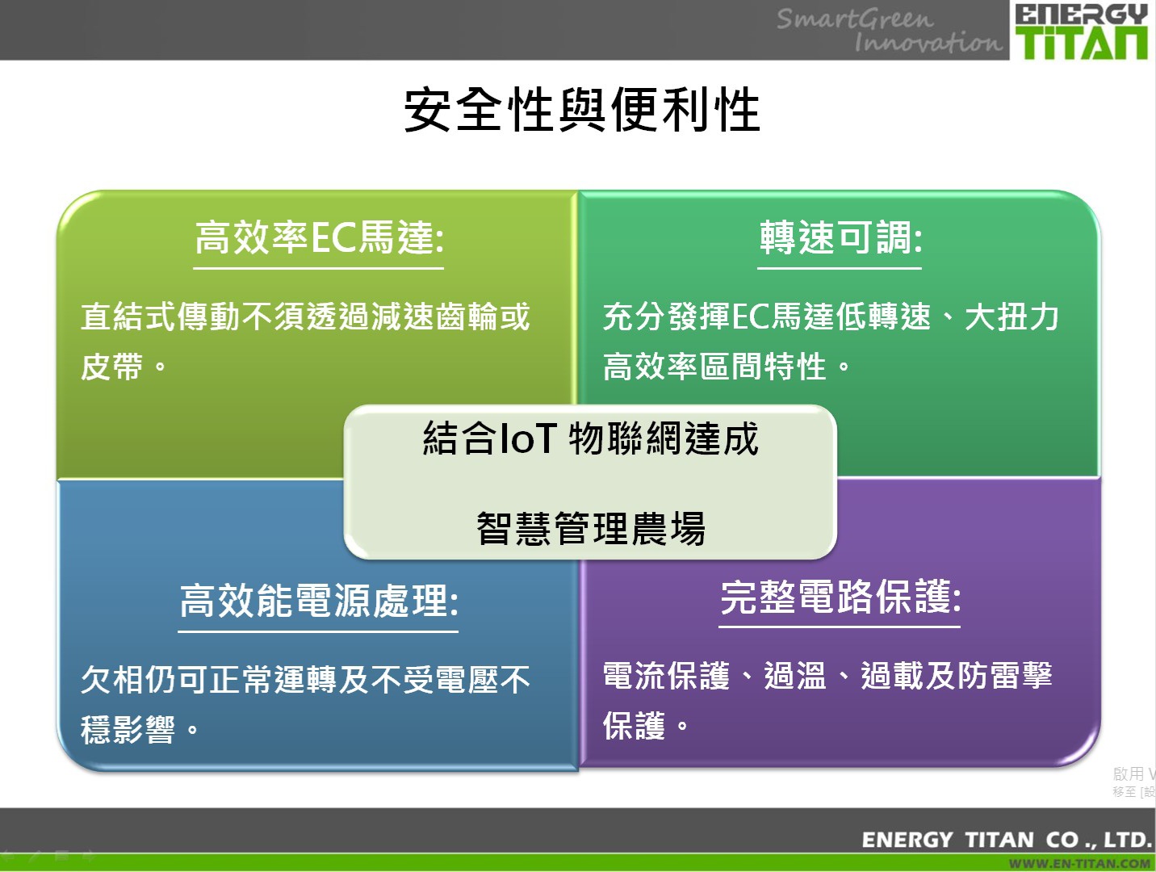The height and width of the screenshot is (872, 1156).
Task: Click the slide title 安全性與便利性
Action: (581, 110)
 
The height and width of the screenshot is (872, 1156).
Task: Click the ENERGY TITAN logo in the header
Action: (1082, 31)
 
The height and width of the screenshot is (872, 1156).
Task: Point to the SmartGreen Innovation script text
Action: (889, 31)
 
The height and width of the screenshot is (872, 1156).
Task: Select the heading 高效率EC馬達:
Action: (319, 238)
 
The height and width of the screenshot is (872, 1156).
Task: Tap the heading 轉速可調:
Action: (840, 238)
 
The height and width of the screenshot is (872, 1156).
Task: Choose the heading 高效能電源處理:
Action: (319, 601)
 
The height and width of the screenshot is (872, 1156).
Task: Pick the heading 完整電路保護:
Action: (840, 597)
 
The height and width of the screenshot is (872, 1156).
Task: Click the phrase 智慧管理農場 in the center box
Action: (590, 528)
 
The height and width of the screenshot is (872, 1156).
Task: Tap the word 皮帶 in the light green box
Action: (111, 366)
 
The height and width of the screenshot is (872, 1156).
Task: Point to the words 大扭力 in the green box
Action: (1011, 317)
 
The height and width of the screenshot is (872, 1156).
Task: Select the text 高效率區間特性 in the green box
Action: (714, 366)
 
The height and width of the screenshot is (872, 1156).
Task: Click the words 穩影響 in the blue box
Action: (128, 729)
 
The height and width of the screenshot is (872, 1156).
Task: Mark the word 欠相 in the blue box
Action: (111, 679)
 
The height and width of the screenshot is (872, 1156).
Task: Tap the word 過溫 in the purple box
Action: (795, 676)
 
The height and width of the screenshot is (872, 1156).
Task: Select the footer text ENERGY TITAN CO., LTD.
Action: (1006, 840)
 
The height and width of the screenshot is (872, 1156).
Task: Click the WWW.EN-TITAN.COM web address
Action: (1079, 864)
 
